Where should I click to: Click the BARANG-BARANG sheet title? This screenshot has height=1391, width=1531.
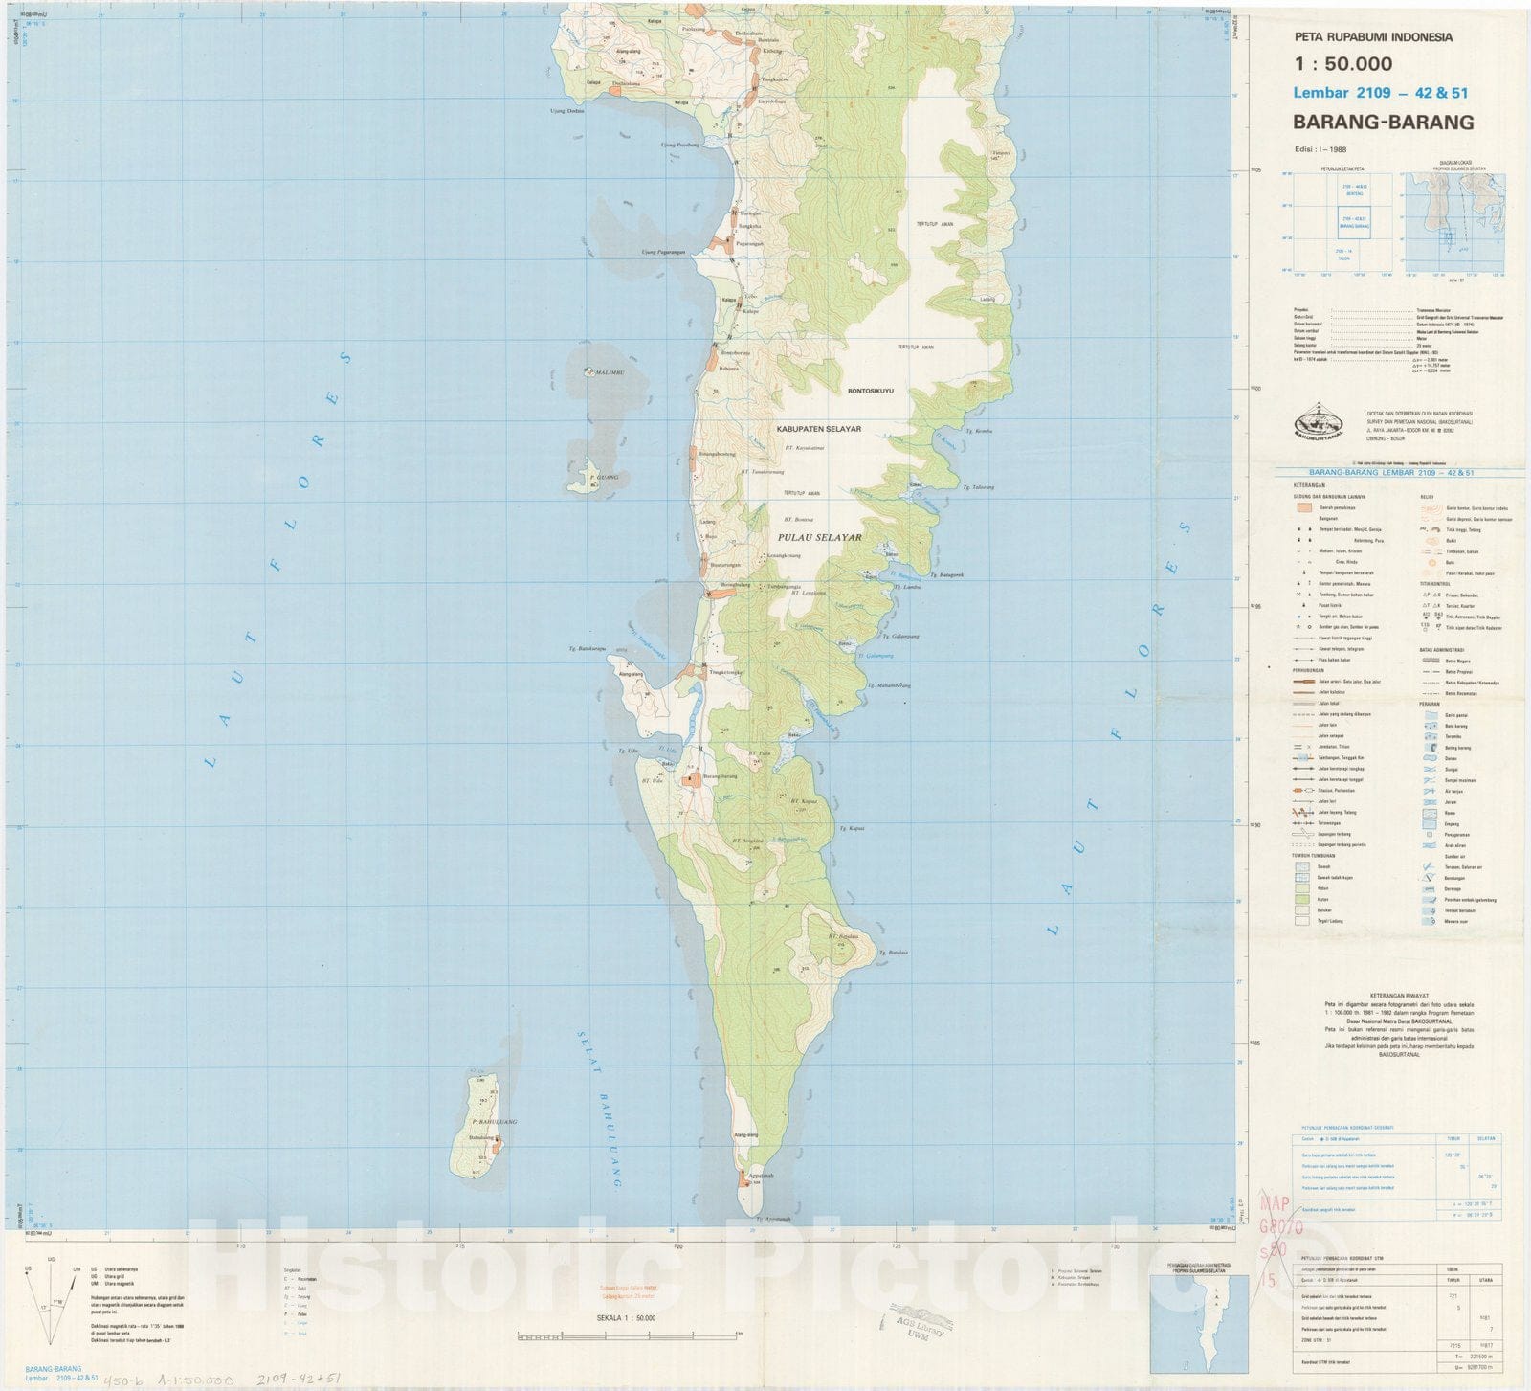(1383, 122)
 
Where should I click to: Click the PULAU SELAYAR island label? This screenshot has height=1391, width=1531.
(819, 537)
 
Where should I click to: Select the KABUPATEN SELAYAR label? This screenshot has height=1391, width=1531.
(819, 429)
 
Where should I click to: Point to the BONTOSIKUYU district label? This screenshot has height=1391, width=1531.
(870, 391)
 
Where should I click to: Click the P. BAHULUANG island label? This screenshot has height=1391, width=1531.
(494, 1121)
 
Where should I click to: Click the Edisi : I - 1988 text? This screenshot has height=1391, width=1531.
(1320, 149)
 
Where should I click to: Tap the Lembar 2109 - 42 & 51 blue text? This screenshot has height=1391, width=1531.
(1379, 93)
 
